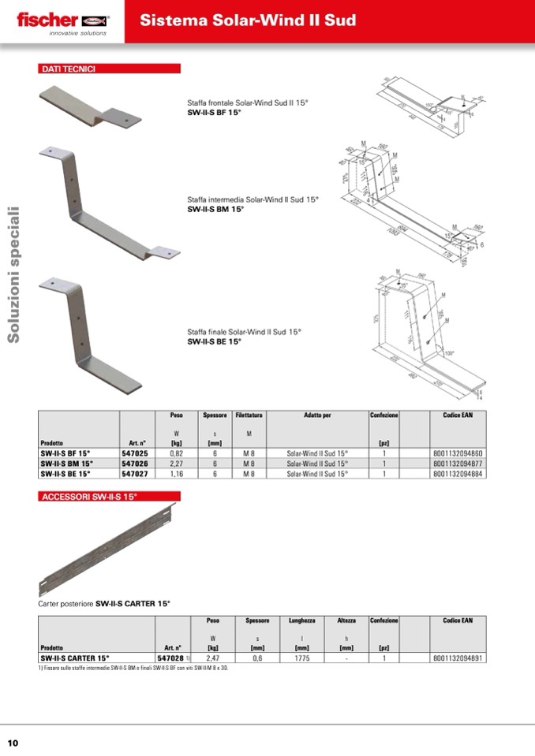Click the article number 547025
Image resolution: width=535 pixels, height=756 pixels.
tap(134, 454)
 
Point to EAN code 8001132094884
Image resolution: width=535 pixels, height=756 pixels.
tap(458, 475)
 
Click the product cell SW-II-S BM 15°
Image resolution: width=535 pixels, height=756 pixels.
tap(67, 464)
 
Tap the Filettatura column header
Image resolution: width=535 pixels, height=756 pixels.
tap(249, 415)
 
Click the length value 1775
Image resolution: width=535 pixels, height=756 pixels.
tap(301, 657)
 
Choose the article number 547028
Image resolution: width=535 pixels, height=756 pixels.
tap(170, 657)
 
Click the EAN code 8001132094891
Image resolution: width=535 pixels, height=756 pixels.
tap(458, 657)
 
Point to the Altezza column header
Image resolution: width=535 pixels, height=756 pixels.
tap(346, 621)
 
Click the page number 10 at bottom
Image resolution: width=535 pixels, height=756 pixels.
tap(13, 743)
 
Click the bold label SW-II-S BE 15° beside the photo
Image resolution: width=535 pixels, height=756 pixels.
tap(214, 342)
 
